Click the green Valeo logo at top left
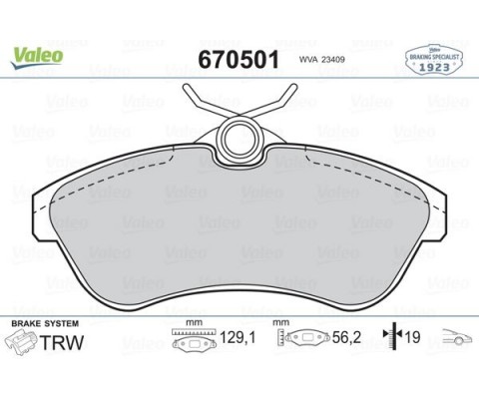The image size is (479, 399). [x=37, y=57]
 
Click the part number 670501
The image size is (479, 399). [x=239, y=60]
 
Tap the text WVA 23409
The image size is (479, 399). [x=321, y=60]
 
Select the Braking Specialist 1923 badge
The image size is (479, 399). [x=434, y=60]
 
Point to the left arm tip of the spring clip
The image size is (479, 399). [x=186, y=88]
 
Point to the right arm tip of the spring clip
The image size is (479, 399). [x=293, y=87]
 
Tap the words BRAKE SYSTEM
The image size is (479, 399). [x=45, y=323]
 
